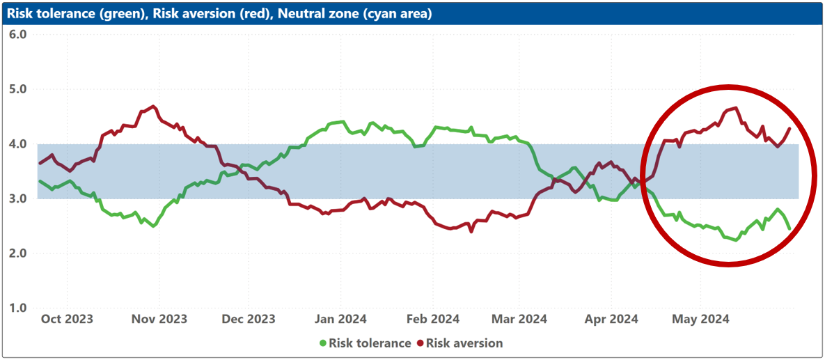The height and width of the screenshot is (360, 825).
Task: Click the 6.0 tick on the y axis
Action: [x=18, y=34]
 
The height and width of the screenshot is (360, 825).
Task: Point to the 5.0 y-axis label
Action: [x=18, y=89]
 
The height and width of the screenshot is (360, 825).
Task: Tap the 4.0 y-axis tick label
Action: [x=18, y=143]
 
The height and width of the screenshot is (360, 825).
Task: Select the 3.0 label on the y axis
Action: [x=18, y=198]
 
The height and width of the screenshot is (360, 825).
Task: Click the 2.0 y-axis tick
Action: [x=18, y=253]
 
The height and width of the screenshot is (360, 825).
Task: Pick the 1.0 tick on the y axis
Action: [x=18, y=308]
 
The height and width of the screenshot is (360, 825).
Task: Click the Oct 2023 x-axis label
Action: [x=67, y=320]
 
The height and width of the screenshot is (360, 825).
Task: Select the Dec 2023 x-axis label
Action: [x=248, y=320]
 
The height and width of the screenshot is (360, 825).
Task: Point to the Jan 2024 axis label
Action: [x=340, y=320]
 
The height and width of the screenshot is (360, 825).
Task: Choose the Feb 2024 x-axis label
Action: [x=433, y=320]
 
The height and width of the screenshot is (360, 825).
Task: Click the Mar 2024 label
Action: [x=520, y=320]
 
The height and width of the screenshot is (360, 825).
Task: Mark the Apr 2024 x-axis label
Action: [x=612, y=320]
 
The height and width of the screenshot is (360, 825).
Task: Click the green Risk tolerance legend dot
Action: [x=323, y=344]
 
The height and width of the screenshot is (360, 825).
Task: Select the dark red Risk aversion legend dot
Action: [x=420, y=344]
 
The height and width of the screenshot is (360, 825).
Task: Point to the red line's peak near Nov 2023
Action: [x=153, y=107]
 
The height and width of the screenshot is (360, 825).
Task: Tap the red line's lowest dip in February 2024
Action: [x=471, y=232]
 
